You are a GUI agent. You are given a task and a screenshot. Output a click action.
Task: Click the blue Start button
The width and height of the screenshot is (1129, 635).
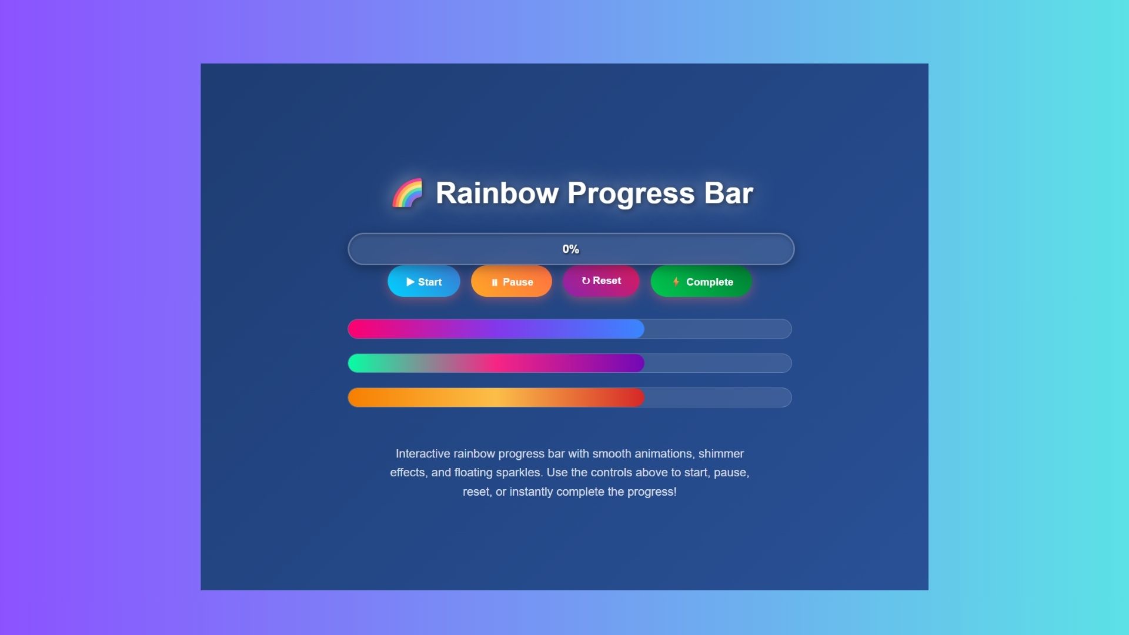tap(423, 281)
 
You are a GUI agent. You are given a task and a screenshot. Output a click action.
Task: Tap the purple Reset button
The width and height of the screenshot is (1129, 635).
tap(601, 280)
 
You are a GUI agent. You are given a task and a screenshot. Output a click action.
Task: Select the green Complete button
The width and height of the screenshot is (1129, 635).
tap(701, 281)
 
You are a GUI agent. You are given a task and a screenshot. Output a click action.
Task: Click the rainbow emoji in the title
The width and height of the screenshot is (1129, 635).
tap(407, 193)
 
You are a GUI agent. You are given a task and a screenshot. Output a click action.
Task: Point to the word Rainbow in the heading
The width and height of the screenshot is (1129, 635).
tap(497, 193)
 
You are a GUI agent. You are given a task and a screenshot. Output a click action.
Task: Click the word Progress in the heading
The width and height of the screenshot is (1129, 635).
tap(631, 194)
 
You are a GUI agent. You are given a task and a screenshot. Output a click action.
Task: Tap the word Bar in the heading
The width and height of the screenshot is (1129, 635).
tap(729, 193)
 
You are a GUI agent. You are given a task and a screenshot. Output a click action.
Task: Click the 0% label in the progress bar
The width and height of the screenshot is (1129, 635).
tap(570, 249)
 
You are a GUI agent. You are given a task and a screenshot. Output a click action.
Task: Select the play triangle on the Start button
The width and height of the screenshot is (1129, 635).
tap(410, 282)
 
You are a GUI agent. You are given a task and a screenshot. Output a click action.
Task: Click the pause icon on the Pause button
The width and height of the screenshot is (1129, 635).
tap(495, 282)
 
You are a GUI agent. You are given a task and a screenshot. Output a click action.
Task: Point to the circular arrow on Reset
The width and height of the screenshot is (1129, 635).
tap(586, 281)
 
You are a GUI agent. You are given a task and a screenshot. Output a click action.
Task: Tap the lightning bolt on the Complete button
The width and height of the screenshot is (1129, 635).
tap(676, 282)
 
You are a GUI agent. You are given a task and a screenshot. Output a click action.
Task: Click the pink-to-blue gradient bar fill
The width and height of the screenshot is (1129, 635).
tap(496, 329)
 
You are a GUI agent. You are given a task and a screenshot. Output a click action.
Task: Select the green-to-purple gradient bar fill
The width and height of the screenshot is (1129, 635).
tap(496, 363)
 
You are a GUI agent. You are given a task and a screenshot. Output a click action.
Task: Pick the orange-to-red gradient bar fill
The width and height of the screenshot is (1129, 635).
tap(496, 397)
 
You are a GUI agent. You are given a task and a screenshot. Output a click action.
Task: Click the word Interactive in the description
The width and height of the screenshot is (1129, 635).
tap(423, 453)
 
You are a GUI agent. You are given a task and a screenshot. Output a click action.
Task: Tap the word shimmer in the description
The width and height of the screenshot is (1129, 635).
tap(721, 453)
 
